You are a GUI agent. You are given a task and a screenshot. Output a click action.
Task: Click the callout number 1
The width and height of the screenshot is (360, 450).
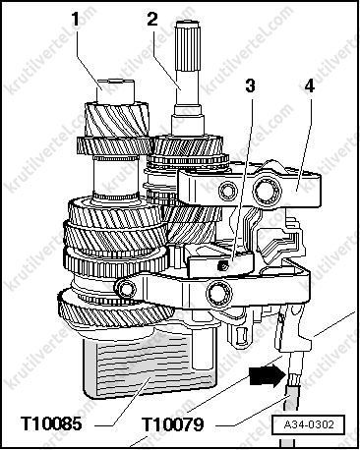point(76,20)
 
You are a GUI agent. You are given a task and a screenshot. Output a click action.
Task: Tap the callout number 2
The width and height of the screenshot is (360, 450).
point(152,20)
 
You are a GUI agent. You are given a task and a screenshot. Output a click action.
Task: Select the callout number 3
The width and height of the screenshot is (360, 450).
point(250,85)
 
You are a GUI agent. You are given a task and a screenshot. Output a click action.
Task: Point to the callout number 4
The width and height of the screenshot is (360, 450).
point(309,85)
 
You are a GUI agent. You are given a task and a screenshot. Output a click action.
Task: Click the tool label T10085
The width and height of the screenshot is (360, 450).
point(51,423)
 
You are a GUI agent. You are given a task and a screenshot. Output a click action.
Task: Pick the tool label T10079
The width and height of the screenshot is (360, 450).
point(173,424)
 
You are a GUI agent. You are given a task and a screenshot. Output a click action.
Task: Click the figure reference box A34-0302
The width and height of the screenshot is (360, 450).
point(309,424)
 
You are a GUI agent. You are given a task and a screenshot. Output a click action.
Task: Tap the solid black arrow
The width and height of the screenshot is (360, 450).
point(266,375)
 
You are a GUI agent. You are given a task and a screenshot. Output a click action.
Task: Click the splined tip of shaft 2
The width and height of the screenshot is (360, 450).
point(188,46)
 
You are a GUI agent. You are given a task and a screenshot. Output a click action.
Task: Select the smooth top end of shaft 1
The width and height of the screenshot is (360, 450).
point(116,91)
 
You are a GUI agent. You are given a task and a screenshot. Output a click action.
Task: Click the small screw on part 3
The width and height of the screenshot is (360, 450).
point(223,267)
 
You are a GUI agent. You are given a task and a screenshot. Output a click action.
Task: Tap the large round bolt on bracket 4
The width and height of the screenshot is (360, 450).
point(267,190)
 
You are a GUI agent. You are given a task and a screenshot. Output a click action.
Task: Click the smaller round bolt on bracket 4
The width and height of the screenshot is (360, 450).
point(228,192)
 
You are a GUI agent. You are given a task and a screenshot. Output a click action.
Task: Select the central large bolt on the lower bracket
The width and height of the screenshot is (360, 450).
point(219,292)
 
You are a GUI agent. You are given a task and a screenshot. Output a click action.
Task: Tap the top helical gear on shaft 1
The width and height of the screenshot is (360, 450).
point(116,119)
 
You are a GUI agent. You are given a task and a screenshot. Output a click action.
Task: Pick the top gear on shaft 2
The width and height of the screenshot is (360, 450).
point(188,145)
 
